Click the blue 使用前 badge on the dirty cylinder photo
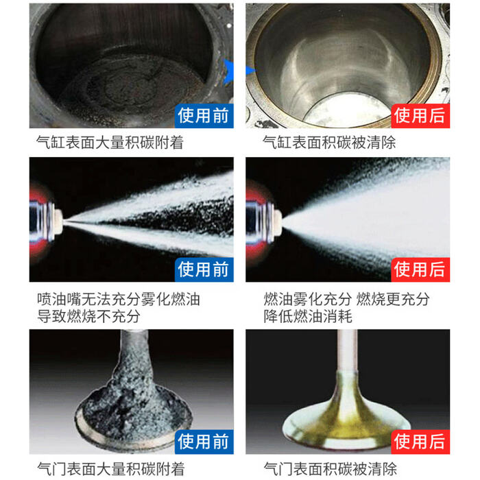[204, 116]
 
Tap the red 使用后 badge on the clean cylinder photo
[420, 116]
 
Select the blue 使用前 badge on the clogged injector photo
[204, 269]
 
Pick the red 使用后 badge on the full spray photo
[420, 269]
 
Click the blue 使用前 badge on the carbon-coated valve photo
[204, 442]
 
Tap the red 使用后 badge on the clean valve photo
[420, 442]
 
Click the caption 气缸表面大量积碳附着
[110, 143]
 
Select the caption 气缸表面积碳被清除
[329, 143]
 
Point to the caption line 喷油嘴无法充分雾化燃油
[119, 299]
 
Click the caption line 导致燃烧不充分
[88, 316]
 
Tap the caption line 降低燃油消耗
[308, 316]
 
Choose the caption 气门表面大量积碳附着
[111, 469]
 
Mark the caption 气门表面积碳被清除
[331, 469]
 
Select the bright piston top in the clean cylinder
[348, 111]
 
